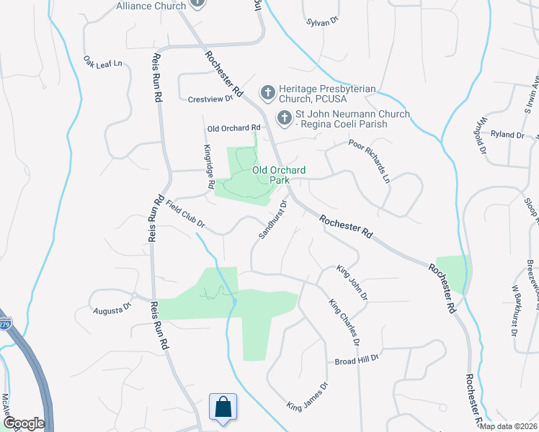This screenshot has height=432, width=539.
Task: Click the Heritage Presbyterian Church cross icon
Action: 267,92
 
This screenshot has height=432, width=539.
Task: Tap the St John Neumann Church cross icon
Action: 285,117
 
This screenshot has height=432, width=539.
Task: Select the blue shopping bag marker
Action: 223,408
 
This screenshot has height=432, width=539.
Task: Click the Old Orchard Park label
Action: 279,175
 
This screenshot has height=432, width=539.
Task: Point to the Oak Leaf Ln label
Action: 103,63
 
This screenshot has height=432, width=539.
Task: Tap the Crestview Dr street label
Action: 212,99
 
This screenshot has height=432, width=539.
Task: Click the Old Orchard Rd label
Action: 233,128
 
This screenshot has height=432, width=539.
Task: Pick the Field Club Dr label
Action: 186,215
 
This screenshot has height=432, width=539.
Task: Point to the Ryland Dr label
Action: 507,135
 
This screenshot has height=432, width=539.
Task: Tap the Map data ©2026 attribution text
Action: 508,426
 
